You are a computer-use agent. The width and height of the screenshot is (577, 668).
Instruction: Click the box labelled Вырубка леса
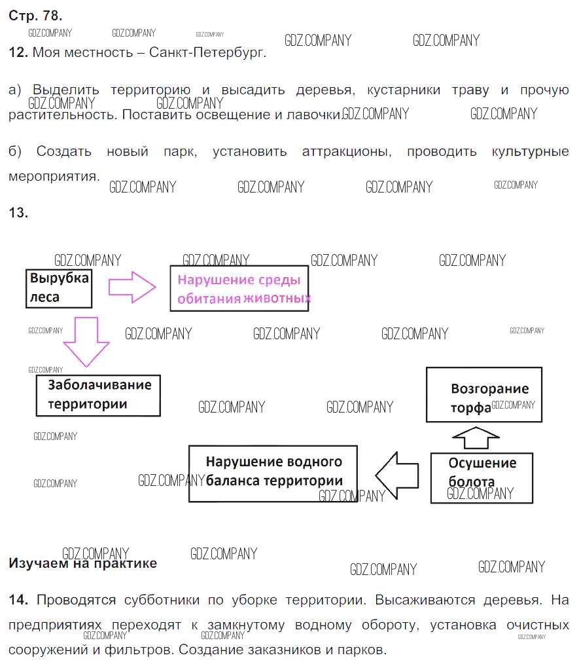tap(59, 288)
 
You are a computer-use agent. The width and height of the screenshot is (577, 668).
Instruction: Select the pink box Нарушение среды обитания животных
tap(239, 288)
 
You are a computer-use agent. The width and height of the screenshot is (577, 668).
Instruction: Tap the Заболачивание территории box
tap(98, 396)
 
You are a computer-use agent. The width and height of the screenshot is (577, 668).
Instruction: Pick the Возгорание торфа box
tap(484, 394)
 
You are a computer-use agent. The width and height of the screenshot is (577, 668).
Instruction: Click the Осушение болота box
tap(481, 478)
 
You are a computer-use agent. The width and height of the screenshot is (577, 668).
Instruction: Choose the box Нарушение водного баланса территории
tap(273, 473)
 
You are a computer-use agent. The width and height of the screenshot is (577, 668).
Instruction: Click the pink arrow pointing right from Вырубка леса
tap(132, 287)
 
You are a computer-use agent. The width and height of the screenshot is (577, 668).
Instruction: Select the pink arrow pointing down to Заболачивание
tap(86, 342)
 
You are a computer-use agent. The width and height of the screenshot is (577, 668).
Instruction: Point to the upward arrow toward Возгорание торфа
tap(476, 437)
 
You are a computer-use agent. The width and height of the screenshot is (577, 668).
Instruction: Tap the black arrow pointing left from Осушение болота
tap(397, 475)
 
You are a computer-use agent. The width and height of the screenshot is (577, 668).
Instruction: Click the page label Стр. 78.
tap(35, 16)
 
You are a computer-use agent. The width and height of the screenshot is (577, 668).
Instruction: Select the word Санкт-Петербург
tap(207, 53)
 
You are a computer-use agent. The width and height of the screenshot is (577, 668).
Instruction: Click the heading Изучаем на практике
tap(82, 563)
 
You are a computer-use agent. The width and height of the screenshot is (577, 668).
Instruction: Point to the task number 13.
tap(18, 212)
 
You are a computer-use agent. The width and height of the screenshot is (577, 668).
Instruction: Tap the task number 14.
tap(18, 600)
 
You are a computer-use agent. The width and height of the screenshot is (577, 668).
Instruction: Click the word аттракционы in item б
tap(347, 152)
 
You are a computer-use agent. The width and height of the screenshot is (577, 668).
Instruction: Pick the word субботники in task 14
tap(162, 601)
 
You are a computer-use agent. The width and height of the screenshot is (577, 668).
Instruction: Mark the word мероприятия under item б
tap(54, 176)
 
